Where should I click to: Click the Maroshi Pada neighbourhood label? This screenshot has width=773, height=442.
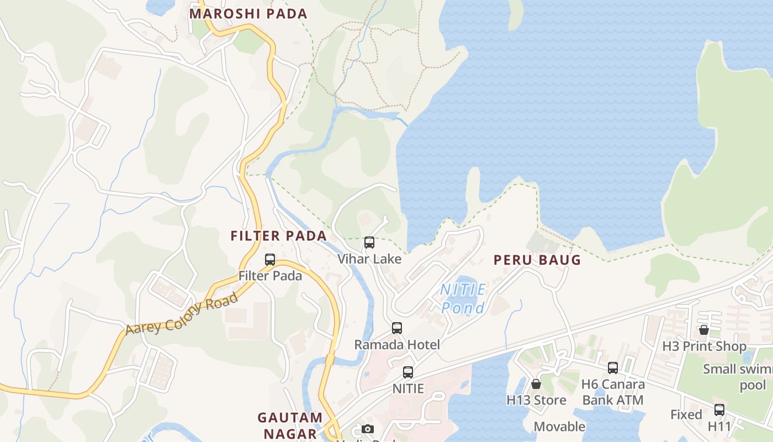coord(248,14)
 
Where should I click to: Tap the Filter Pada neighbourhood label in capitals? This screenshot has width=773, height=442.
coord(279,236)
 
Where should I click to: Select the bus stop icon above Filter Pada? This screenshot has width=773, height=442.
coord(270,259)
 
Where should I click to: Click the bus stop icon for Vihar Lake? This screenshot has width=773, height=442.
coord(369,243)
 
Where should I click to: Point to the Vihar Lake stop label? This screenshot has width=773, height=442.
coord(369,259)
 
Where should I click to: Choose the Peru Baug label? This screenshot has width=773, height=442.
coord(537,260)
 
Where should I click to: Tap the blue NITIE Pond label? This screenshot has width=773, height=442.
coord(463,298)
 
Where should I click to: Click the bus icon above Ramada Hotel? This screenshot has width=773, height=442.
coord(397,328)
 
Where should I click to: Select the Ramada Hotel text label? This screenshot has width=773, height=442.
coord(397,345)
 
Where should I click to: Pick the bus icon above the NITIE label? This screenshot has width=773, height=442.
coord(408,372)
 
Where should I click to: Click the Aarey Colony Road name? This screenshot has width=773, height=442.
coord(182,314)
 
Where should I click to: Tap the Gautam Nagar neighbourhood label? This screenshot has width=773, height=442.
coord(290,425)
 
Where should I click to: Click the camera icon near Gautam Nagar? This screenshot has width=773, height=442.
coord(367,429)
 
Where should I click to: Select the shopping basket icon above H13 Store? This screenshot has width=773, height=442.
coord(536,384)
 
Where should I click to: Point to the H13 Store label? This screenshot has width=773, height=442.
coord(536,399)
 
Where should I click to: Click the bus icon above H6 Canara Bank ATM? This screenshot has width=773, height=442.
coord(613,368)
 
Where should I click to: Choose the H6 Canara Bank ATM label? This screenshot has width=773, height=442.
coord(613,392)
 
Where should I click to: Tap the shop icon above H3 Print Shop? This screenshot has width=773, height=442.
coord(704,330)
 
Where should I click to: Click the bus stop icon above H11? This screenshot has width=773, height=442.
coord(719,410)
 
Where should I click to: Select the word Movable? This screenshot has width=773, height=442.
coord(559,427)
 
